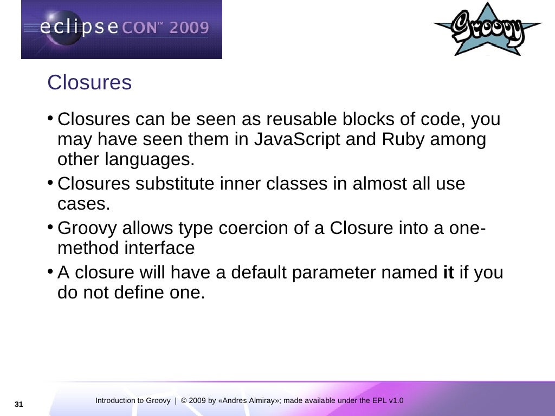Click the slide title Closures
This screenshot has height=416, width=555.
89,83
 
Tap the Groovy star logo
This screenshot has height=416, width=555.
487,30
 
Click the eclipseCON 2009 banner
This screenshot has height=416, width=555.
121,29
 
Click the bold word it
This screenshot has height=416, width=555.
448,272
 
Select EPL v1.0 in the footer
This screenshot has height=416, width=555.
388,401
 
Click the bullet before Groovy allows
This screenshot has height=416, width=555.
50,226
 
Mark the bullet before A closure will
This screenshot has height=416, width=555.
50,270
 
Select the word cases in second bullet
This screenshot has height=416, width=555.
83,204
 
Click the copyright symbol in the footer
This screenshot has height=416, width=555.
184,401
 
